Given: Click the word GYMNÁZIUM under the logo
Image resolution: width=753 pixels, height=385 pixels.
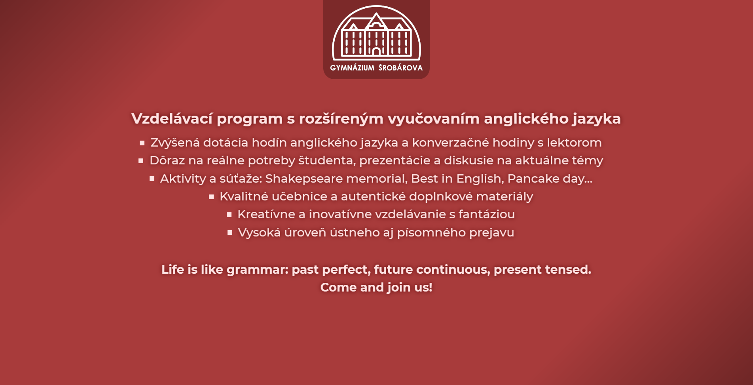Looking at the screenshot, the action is click(x=352, y=68).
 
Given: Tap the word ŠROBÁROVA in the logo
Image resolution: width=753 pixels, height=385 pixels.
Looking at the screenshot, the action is click(x=400, y=67).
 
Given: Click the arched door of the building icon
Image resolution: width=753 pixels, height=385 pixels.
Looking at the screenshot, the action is click(x=376, y=51).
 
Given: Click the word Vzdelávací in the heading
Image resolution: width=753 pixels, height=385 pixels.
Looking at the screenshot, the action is click(x=172, y=118).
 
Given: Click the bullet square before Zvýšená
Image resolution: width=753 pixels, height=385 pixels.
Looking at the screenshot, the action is click(x=142, y=143).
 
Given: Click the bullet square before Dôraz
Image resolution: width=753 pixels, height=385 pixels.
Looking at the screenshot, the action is click(x=141, y=161).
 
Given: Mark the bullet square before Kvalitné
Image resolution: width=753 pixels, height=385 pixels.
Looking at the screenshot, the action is click(x=211, y=197).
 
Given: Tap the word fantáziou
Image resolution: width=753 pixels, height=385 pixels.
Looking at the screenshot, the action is click(x=487, y=214).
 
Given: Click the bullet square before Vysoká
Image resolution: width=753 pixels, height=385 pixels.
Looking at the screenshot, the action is click(x=230, y=233).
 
